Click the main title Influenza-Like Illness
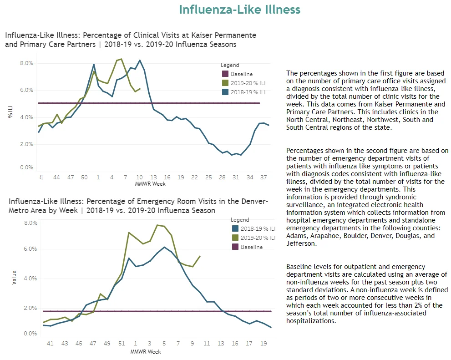tap(239, 10)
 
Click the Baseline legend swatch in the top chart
tap(225, 74)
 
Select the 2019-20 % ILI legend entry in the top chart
tap(243, 83)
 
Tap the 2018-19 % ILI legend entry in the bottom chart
tap(253, 228)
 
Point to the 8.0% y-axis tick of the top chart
tap(26, 63)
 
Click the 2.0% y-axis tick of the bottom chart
tap(30, 308)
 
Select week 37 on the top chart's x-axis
tap(264, 177)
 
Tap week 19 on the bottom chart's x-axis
tap(264, 343)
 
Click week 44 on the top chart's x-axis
tap(56, 177)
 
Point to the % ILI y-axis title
tap(10, 112)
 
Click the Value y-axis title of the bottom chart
tap(14, 278)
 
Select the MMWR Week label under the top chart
tap(150, 184)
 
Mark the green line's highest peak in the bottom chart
tap(157, 225)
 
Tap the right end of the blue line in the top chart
tap(269, 125)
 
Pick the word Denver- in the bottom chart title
tap(255, 201)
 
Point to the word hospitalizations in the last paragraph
tap(310, 321)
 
